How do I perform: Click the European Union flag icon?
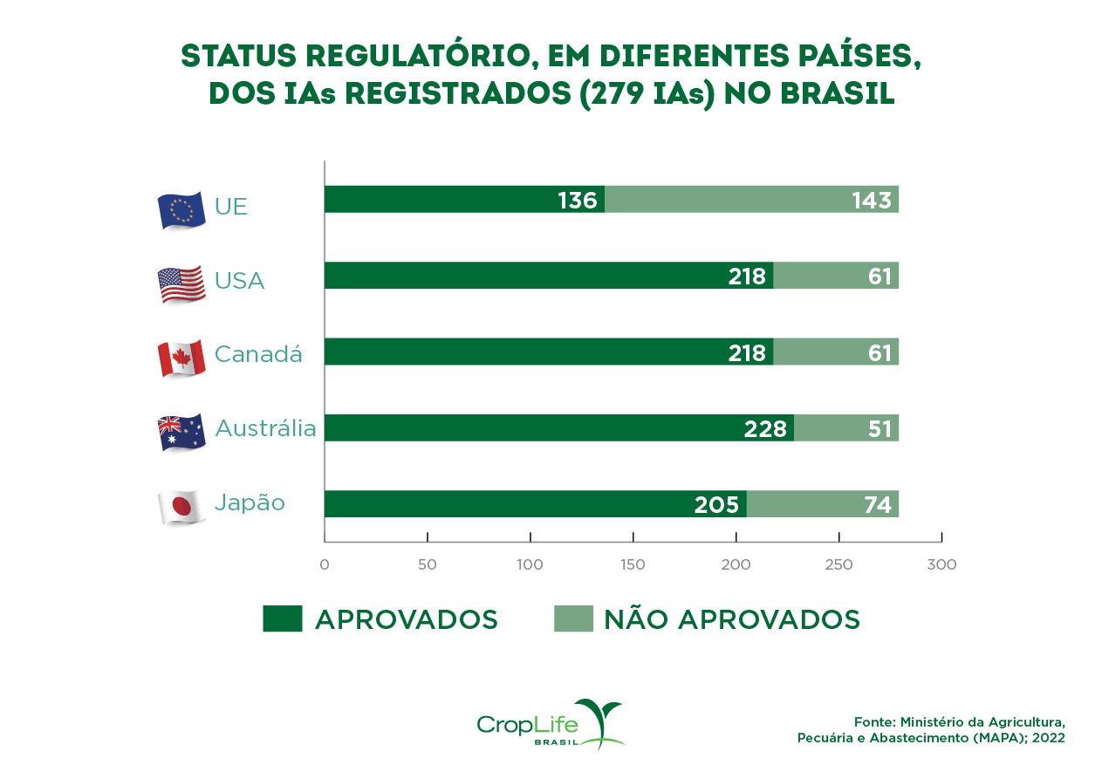coord(181,209)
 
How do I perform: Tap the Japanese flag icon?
coord(181,507)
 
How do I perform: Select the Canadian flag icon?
coord(181,358)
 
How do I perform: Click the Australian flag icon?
coord(181,432)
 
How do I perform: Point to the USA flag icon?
coord(181,284)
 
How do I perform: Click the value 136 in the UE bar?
coord(577,201)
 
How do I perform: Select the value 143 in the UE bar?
coord(871,201)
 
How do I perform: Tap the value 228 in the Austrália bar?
coord(765,429)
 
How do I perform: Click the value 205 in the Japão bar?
coord(716,505)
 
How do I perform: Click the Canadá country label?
coord(258,354)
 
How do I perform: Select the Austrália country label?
coord(265,428)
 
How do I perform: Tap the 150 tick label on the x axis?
coord(633,564)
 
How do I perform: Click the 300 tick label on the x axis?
coord(941,564)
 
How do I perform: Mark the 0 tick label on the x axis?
coord(325,564)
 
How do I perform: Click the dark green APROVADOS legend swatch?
coord(282,618)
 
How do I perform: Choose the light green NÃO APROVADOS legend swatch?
coord(572,618)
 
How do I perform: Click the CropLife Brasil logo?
coord(551,725)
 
